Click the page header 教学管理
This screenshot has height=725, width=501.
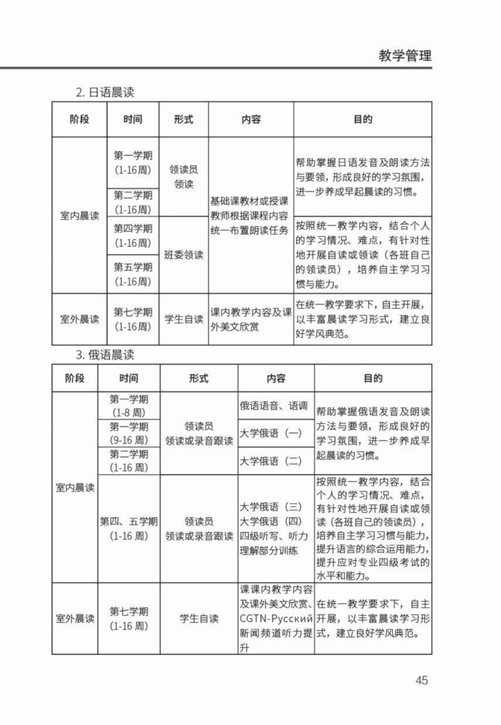[x=405, y=55]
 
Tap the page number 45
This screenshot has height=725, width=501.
[x=421, y=680]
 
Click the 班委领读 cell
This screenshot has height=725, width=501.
[x=184, y=255]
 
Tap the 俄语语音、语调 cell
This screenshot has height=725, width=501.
[x=273, y=405]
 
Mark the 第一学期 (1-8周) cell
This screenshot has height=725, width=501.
[x=130, y=406]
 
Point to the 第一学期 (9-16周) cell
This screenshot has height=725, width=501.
[x=130, y=433]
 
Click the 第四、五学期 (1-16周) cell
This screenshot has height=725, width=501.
[x=130, y=528]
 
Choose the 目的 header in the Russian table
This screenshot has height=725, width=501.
[x=373, y=378]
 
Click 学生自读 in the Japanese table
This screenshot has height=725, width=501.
[x=184, y=319]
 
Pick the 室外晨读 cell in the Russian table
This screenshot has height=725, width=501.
[x=75, y=619]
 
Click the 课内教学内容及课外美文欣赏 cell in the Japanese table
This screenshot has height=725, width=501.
[x=251, y=319]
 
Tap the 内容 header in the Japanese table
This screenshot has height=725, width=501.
[x=251, y=119]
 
